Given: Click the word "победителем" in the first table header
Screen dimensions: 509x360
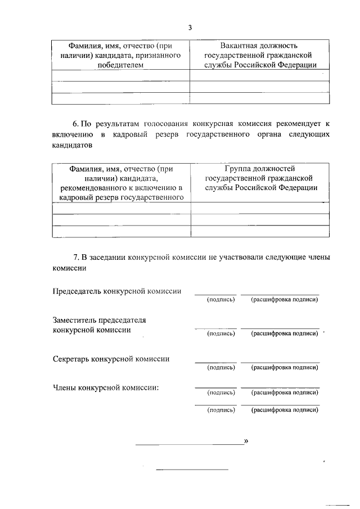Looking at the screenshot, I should pos(120,65).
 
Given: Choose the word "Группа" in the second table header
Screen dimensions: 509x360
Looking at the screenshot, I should pos(237,168).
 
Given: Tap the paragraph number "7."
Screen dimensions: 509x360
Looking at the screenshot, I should pos(76,258).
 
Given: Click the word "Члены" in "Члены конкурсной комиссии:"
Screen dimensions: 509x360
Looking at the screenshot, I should pos(65,388).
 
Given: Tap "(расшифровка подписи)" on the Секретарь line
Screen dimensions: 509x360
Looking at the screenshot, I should pos(285,367).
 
